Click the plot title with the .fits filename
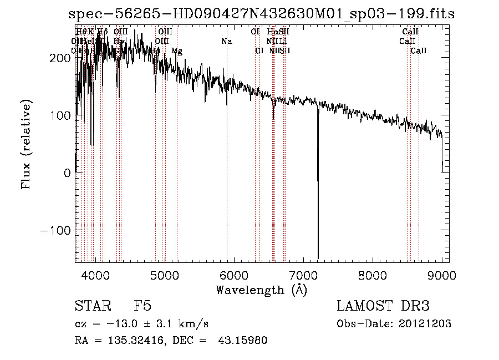click(x=261, y=14)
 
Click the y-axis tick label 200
click(x=59, y=58)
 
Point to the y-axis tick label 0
click(x=67, y=173)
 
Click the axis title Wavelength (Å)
click(x=261, y=290)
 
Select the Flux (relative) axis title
click(x=27, y=144)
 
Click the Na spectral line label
click(x=226, y=42)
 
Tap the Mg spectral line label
click(x=177, y=51)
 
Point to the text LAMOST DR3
click(x=383, y=306)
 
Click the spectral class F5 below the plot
click(x=142, y=306)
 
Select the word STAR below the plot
click(x=93, y=306)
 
